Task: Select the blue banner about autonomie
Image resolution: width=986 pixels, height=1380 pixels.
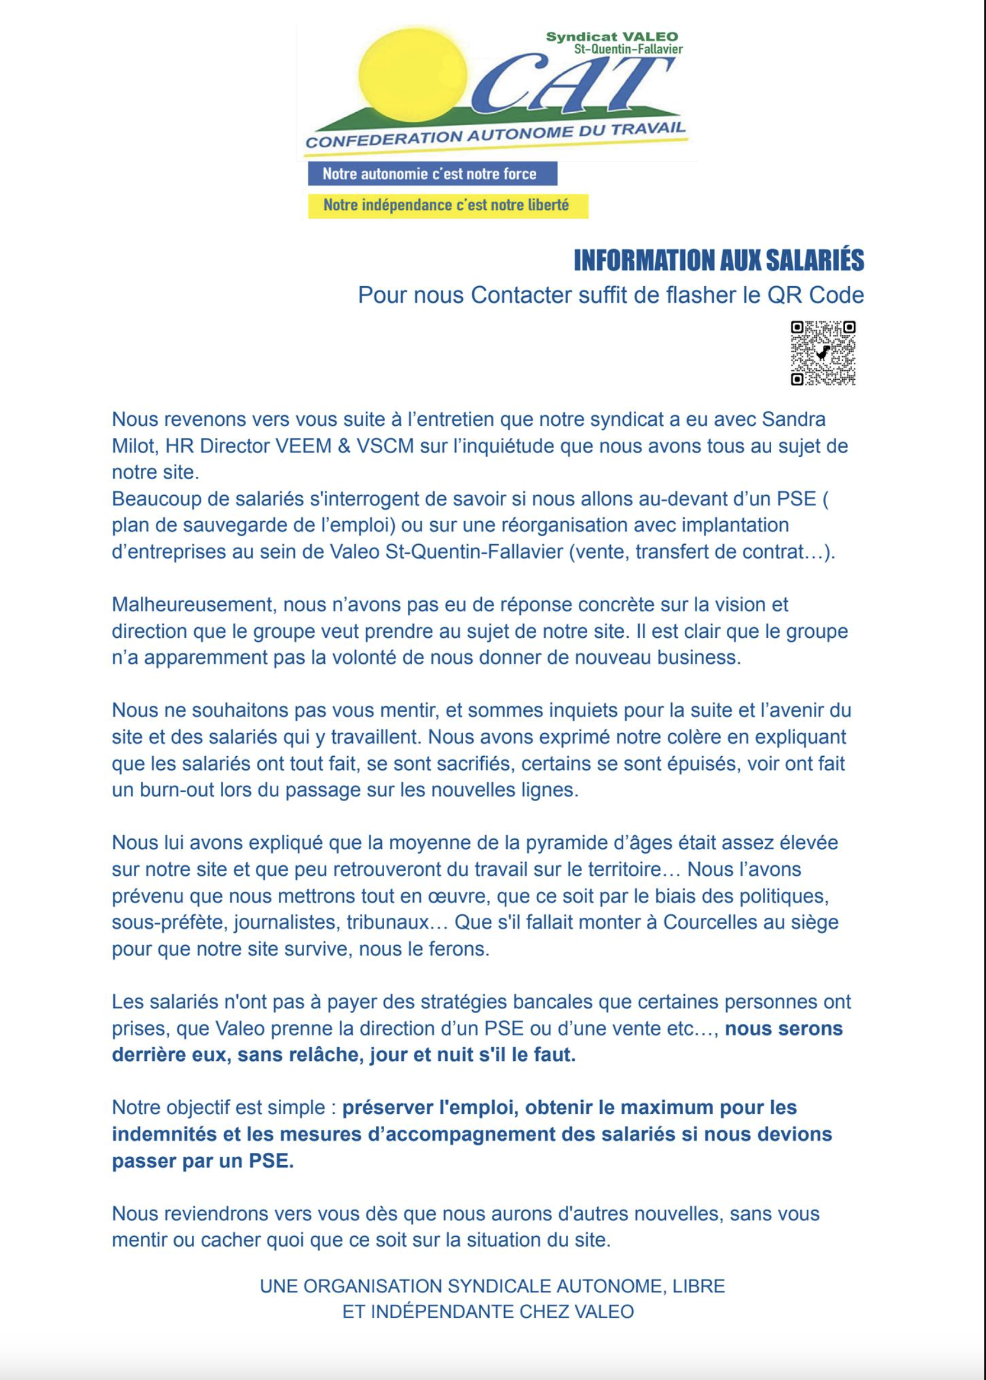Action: pyautogui.click(x=432, y=174)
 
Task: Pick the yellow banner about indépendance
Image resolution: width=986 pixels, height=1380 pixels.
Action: pyautogui.click(x=448, y=205)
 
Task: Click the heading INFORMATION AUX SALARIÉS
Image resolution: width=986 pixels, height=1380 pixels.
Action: pyautogui.click(x=718, y=260)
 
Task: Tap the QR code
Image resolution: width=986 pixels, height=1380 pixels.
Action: pyautogui.click(x=823, y=353)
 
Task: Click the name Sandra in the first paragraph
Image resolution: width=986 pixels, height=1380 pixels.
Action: pyautogui.click(x=794, y=419)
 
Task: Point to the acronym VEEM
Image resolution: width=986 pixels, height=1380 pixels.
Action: pyautogui.click(x=303, y=445)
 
